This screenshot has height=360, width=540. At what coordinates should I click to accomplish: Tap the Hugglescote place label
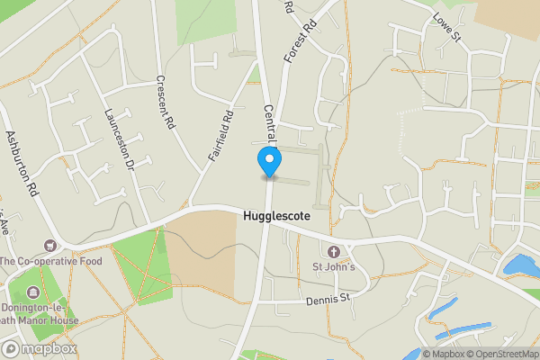279,217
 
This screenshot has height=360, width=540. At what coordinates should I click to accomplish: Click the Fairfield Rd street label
220,135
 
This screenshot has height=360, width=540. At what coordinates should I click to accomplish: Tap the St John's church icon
334,251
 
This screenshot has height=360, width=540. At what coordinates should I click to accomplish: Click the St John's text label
334,266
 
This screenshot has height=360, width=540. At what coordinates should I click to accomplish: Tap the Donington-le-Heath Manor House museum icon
33,292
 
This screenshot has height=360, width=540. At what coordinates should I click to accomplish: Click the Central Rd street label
269,121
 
